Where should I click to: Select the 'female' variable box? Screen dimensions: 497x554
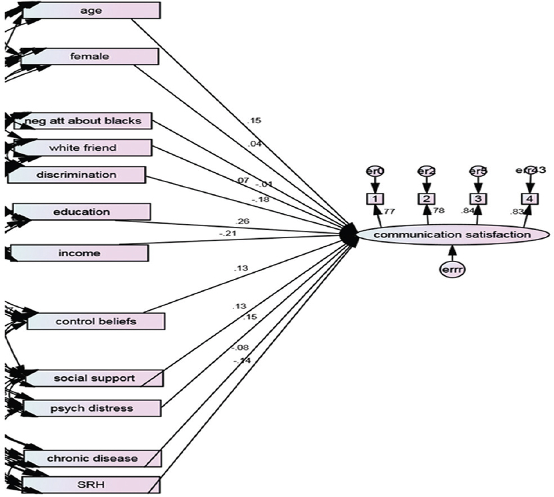pyautogui.click(x=90, y=57)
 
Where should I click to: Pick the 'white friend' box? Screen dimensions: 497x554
pyautogui.click(x=82, y=147)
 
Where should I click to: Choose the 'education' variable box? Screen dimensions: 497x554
pyautogui.click(x=82, y=212)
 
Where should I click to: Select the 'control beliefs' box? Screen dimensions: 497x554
pyautogui.click(x=95, y=322)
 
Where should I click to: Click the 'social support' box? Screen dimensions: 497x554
pyautogui.click(x=94, y=378)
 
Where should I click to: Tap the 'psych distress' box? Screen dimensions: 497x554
pyautogui.click(x=94, y=408)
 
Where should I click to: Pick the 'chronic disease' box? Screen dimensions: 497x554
pyautogui.click(x=93, y=458)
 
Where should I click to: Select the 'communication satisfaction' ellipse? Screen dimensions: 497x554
pyautogui.click(x=453, y=234)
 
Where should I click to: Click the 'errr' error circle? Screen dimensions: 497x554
pyautogui.click(x=453, y=270)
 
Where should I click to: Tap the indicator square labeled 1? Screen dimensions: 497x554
pyautogui.click(x=375, y=198)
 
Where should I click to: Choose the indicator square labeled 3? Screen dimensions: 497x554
pyautogui.click(x=477, y=198)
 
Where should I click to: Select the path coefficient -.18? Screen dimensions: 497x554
pyautogui.click(x=261, y=198)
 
